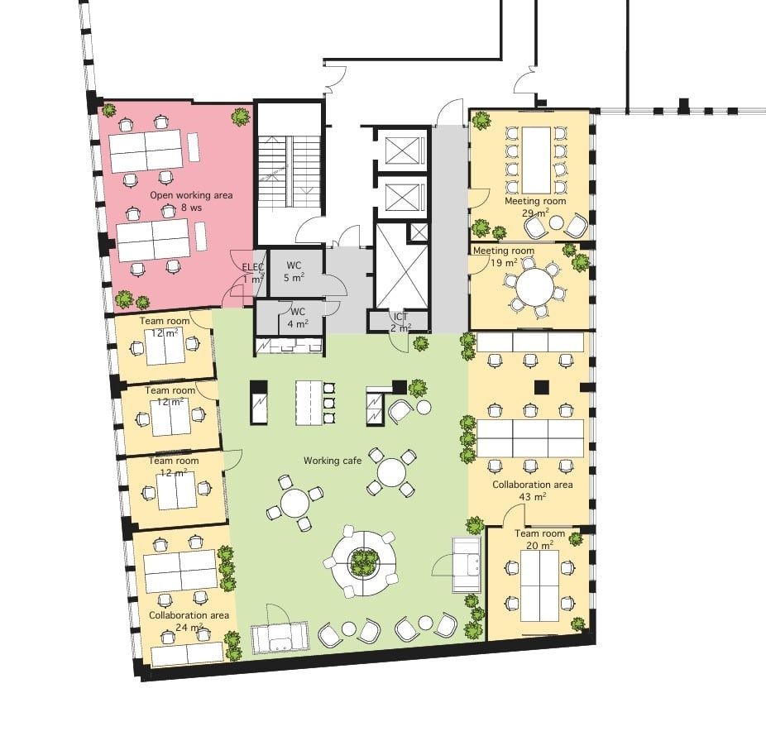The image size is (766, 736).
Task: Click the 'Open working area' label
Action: [x=191, y=195]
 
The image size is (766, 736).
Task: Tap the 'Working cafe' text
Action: [x=333, y=461]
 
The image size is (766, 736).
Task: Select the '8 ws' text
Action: [x=192, y=208]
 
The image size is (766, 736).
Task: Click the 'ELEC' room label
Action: [x=253, y=267]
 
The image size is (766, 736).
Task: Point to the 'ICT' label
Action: [x=400, y=317]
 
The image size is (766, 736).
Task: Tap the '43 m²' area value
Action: [x=533, y=497]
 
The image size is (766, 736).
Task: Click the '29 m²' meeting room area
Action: [x=535, y=213]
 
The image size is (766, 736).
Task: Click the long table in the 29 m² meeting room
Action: [x=536, y=160]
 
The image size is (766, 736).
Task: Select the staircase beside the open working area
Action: [x=289, y=174]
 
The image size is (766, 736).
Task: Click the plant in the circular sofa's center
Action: [x=363, y=562]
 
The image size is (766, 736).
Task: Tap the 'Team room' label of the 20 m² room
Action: [x=540, y=534]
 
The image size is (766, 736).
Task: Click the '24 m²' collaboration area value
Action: [x=189, y=628]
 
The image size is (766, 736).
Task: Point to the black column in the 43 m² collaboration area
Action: [x=542, y=387]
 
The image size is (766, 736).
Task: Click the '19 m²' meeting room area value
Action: [x=504, y=263]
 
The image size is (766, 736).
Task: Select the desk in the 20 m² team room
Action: [x=539, y=585]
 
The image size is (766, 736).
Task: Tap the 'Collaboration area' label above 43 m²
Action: [x=533, y=485]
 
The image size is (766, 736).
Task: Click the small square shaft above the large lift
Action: [x=419, y=232]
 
